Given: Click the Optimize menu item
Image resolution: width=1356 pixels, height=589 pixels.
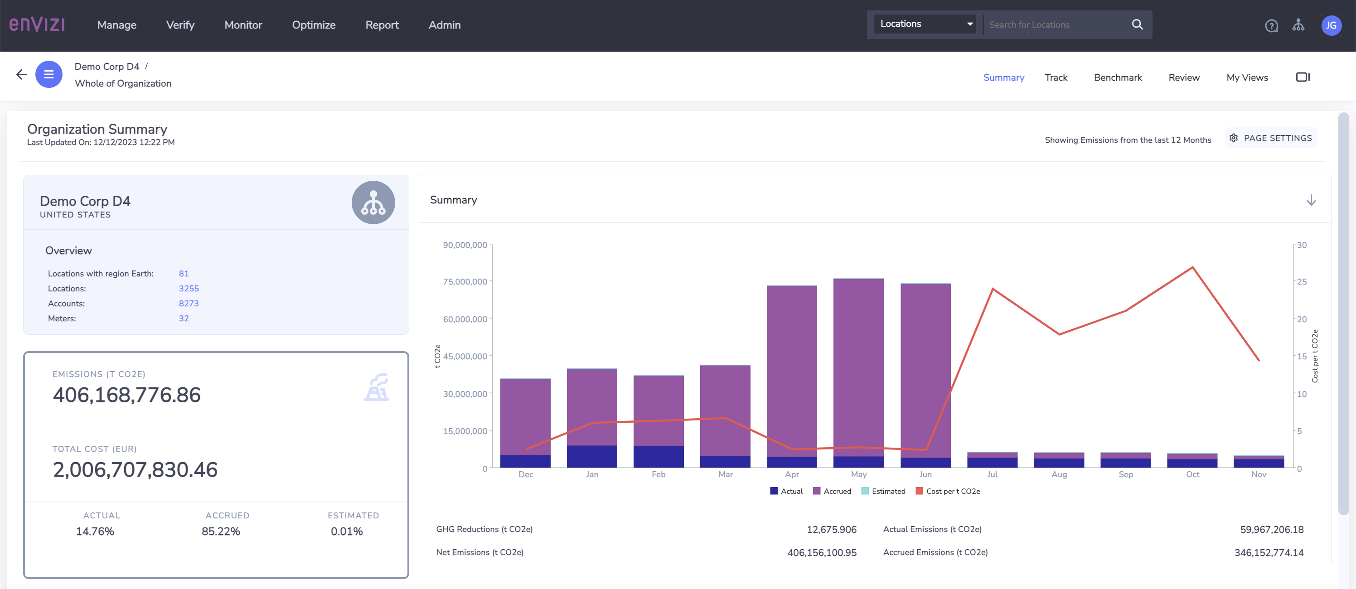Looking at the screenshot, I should click(314, 25).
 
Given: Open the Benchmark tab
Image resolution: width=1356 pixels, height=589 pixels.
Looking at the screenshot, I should click(1118, 77).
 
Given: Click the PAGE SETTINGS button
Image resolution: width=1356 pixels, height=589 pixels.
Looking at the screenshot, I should click(1271, 138).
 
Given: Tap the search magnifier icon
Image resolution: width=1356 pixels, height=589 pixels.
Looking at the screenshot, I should click(1137, 24).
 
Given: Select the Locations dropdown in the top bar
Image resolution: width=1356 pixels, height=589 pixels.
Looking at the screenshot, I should click(925, 24).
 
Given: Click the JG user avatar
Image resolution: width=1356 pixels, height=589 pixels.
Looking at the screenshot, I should click(1331, 25).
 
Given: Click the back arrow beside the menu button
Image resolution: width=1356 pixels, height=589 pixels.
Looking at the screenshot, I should click(21, 75).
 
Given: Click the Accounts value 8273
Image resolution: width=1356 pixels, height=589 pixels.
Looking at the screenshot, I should click(189, 303).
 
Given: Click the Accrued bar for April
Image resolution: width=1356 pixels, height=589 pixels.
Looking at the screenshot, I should click(791, 371).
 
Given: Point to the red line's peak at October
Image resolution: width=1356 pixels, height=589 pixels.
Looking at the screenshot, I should click(1192, 268).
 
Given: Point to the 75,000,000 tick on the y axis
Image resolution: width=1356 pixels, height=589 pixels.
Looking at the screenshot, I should click(465, 282).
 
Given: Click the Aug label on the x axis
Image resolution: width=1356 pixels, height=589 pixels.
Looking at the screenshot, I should click(1059, 474).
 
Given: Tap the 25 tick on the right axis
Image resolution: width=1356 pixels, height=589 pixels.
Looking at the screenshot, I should click(1301, 282).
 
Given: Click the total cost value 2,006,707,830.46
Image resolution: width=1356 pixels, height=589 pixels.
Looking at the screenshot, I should click(135, 469).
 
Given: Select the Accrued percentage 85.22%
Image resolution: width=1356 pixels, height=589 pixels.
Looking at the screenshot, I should click(221, 531).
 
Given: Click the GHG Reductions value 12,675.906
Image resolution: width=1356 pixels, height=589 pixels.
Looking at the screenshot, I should click(831, 530).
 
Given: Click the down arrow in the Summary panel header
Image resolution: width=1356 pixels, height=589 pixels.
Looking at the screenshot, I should click(1311, 200).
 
